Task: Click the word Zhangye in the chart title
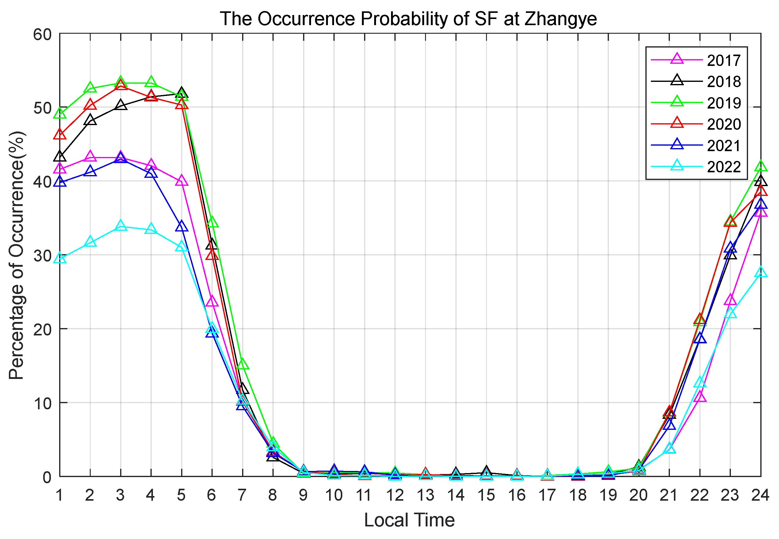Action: tap(560, 19)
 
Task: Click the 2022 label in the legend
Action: tap(724, 167)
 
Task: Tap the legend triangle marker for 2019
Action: tap(677, 102)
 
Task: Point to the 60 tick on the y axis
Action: tap(43, 34)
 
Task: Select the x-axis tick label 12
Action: tap(395, 495)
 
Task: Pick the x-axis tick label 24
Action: tap(760, 495)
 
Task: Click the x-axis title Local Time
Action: tap(409, 520)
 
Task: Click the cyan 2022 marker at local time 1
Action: tap(60, 259)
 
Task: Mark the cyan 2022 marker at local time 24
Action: tap(760, 272)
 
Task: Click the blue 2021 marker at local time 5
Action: tap(182, 226)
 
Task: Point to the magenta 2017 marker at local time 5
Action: tap(182, 181)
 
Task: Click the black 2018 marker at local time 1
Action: tap(60, 157)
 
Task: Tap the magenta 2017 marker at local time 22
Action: tap(700, 396)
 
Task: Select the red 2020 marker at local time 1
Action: tap(60, 134)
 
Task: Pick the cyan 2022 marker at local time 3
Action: tap(120, 226)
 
